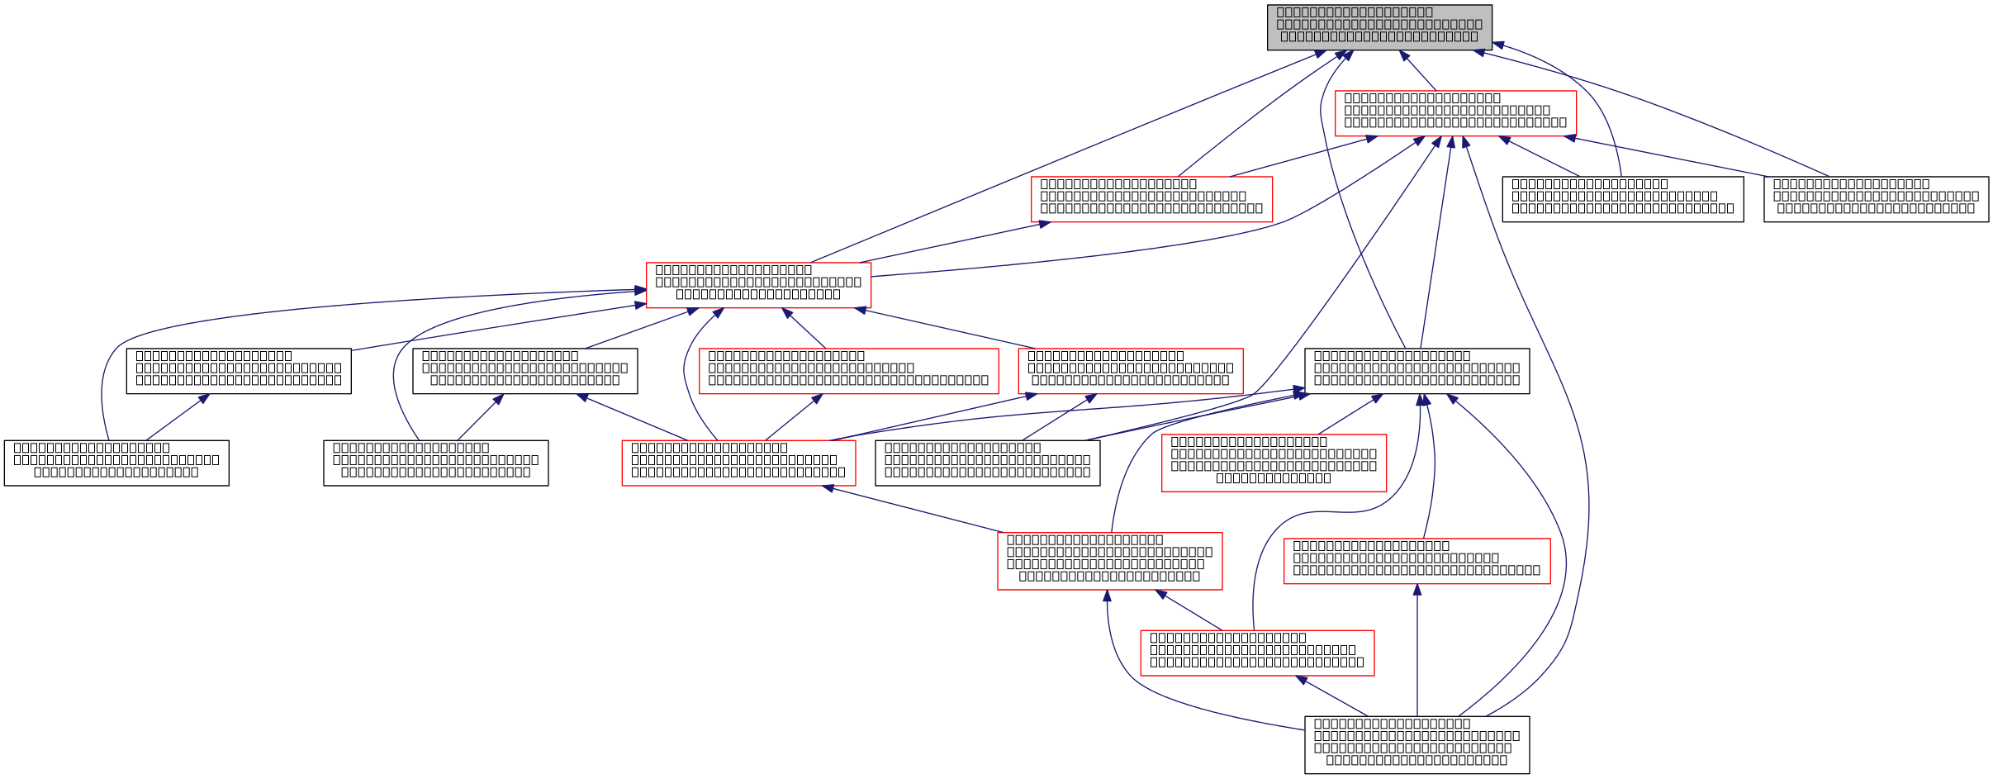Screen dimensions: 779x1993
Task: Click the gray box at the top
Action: pos(1379,27)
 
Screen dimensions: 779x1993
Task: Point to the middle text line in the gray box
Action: pos(1379,25)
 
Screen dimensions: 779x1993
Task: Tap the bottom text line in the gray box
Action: pos(1378,37)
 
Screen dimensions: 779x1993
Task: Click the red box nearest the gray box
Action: pos(1455,113)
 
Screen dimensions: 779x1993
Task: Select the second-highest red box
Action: pos(1151,199)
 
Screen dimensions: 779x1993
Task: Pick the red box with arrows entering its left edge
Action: pos(758,285)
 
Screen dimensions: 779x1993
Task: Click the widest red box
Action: pos(848,371)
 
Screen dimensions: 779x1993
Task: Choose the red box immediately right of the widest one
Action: pos(1130,371)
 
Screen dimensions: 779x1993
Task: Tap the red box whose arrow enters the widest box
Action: pos(738,463)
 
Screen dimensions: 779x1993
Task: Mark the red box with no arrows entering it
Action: pos(1274,463)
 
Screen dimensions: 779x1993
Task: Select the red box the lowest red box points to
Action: pos(1109,561)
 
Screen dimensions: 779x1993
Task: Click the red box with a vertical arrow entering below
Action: pos(1416,561)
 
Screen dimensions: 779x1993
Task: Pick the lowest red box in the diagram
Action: pos(1257,653)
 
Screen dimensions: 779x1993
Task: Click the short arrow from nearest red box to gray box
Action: pos(1418,72)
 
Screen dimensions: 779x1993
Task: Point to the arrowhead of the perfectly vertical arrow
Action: pos(1417,590)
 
